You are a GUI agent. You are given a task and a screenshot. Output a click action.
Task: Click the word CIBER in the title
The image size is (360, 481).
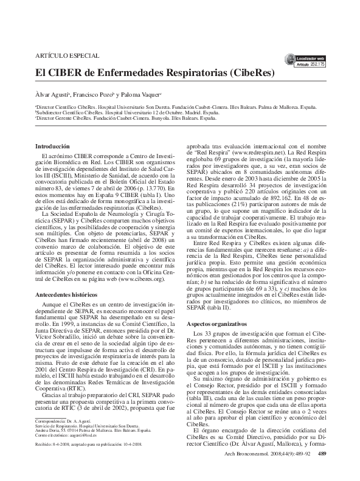click(62, 72)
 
